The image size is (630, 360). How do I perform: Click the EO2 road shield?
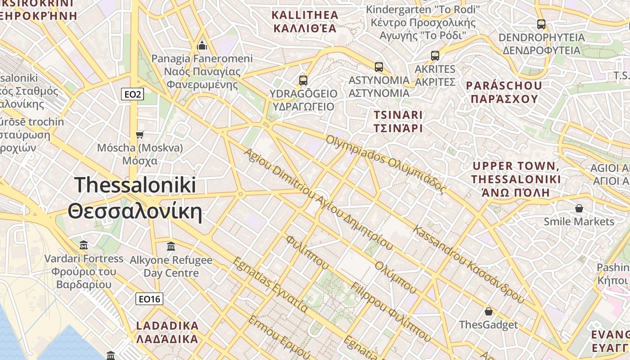tap(133, 94)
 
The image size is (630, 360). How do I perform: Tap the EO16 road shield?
tap(149, 299)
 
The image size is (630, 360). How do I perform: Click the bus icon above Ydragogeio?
tap(303, 81)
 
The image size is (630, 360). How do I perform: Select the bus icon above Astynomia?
tap(379, 67)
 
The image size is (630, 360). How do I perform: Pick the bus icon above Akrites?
tap(435, 56)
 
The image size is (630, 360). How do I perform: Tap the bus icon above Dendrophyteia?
tap(541, 24)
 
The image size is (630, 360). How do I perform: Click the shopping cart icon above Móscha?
tap(140, 135)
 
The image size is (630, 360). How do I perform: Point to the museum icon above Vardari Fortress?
tap(84, 245)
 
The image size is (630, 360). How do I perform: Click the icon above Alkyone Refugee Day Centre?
tap(171, 247)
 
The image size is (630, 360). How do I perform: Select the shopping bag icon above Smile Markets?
tap(579, 208)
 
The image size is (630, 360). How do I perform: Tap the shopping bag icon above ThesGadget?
tap(488, 311)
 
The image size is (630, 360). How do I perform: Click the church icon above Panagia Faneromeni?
tap(202, 45)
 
